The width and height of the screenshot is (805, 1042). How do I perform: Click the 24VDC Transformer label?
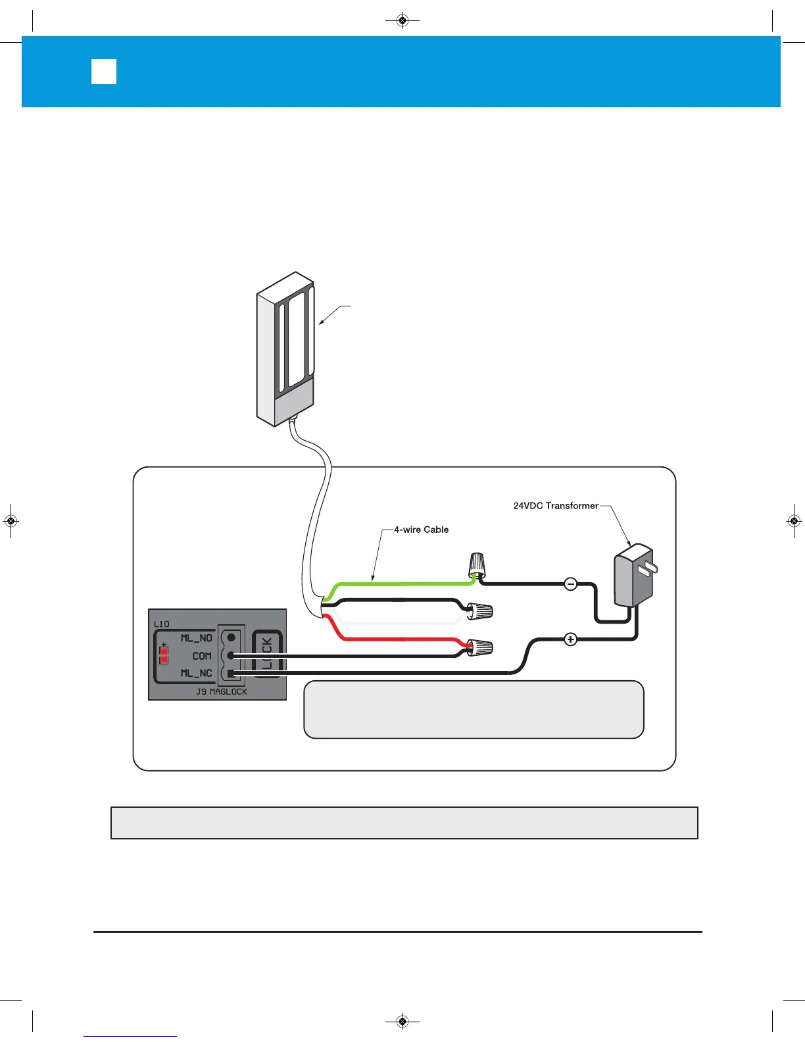555,506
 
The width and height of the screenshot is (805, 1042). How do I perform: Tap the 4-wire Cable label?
421,530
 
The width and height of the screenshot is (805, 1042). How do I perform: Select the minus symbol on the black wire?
571,583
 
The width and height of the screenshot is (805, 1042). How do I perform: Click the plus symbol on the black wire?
571,639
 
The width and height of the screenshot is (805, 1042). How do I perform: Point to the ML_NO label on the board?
196,638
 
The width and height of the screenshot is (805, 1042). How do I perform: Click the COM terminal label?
202,656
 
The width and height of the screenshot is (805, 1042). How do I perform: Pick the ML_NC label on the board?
196,673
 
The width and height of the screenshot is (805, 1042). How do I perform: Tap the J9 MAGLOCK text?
221,692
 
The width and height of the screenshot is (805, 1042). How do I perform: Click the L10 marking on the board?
161,624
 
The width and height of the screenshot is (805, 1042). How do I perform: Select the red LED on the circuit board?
164,656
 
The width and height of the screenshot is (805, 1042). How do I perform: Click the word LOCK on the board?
267,655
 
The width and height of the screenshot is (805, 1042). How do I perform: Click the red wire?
395,639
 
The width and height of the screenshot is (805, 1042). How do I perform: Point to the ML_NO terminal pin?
231,637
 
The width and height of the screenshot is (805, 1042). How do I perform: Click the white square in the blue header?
104,72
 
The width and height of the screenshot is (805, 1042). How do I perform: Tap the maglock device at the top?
284,349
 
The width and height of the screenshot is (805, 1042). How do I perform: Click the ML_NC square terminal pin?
231,672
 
